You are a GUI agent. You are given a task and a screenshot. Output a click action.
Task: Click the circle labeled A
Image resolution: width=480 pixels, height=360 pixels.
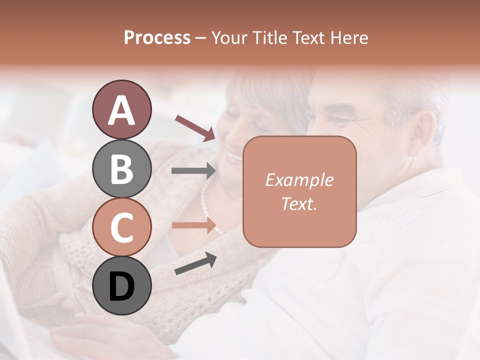pos(121,110)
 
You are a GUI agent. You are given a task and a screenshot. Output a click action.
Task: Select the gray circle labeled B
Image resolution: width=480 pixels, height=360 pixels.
pos(121,168)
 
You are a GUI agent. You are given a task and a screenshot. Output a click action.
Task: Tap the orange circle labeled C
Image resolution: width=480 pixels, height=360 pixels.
pos(121,227)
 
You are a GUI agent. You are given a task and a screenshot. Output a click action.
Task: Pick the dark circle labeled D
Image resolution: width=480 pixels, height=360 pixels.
pos(121,285)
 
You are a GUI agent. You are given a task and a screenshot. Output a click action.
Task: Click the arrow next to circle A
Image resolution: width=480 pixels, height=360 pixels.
pos(195,127)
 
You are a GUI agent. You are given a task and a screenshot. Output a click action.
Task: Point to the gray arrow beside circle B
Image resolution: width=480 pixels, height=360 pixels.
pos(193,171)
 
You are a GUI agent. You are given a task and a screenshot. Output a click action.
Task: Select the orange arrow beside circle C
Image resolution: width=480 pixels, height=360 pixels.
pos(193,225)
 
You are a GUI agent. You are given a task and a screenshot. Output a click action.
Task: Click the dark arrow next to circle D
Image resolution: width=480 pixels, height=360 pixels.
pos(195,263)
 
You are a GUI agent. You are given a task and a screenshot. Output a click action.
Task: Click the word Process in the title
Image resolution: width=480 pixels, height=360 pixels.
pos(157,37)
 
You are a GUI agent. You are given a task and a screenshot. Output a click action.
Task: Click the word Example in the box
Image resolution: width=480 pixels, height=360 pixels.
pos(299,180)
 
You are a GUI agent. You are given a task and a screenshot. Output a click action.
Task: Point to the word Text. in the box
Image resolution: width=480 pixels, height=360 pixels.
pos(299,203)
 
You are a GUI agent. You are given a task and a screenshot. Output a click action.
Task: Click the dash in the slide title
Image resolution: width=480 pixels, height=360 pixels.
pos(201,38)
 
